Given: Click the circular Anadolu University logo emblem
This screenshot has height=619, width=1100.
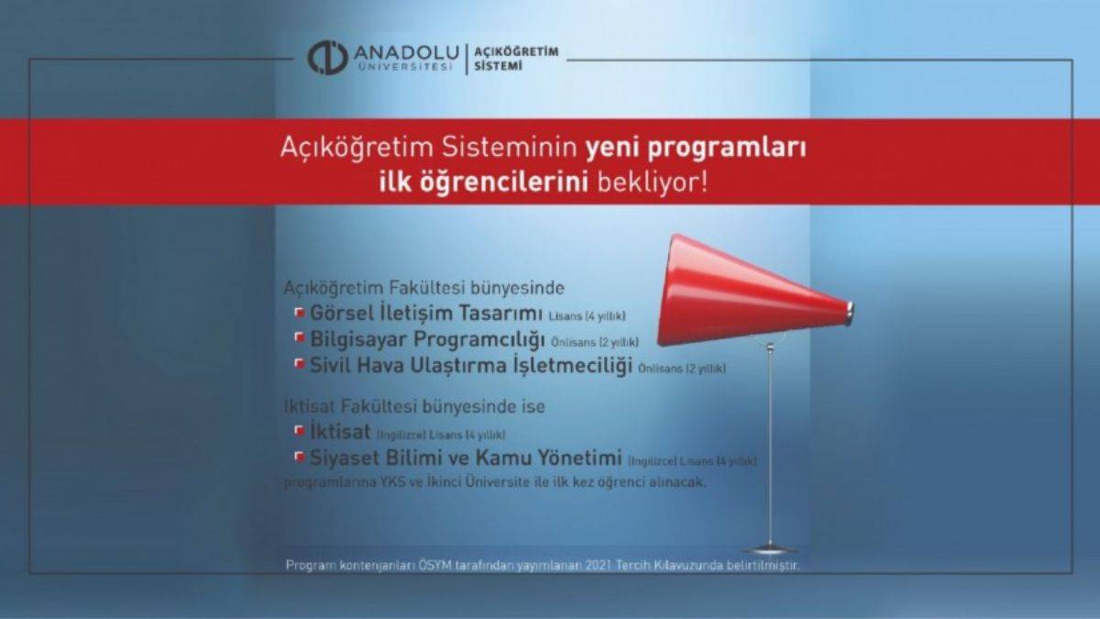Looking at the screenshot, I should click(326, 57).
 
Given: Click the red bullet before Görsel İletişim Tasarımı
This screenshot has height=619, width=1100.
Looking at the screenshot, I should click(299, 314).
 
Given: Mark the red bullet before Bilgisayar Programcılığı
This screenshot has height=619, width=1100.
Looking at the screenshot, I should click(299, 339).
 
